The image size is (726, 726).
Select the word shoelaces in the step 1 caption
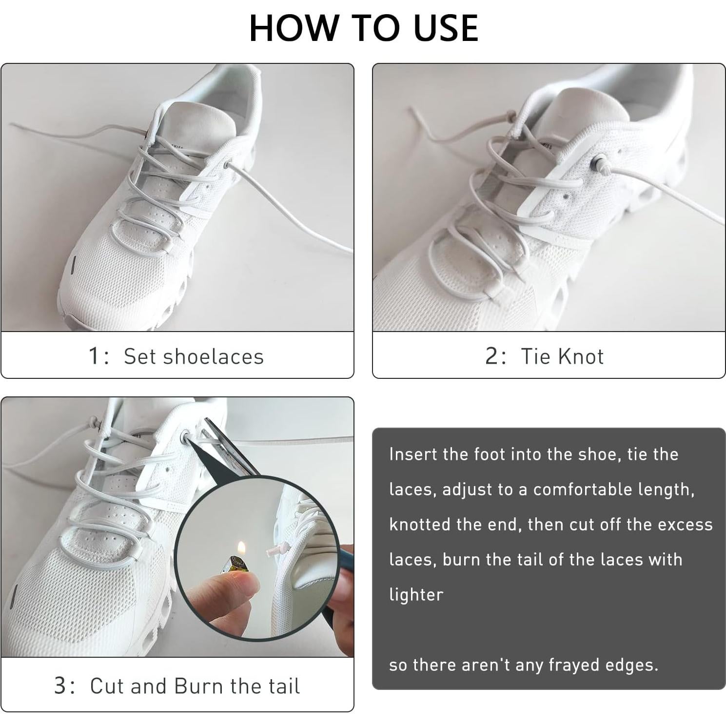213,356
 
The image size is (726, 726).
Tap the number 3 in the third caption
60,686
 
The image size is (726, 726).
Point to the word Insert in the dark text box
413,454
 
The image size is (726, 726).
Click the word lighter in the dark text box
416,595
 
